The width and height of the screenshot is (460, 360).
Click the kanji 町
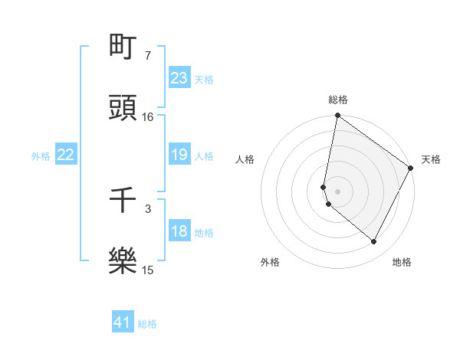pyautogui.click(x=123, y=47)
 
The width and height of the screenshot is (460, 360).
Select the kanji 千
pyautogui.click(x=123, y=200)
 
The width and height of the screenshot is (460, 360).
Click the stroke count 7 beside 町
pyautogui.click(x=147, y=56)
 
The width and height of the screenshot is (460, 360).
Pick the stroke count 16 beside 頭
pyautogui.click(x=148, y=117)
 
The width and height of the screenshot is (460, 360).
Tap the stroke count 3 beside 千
pyautogui.click(x=147, y=208)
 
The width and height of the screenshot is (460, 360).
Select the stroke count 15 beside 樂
pyautogui.click(x=148, y=270)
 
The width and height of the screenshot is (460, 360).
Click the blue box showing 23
pyautogui.click(x=179, y=77)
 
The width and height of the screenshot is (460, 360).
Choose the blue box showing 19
pyautogui.click(x=179, y=155)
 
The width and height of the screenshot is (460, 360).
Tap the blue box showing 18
pyautogui.click(x=179, y=231)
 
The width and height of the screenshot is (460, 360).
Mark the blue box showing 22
pyautogui.click(x=66, y=155)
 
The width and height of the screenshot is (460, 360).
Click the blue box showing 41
pyautogui.click(x=123, y=322)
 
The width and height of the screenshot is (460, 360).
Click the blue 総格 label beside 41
pyautogui.click(x=147, y=324)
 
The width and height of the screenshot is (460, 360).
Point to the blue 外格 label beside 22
pyautogui.click(x=41, y=156)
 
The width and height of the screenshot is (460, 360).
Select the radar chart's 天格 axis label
pyautogui.click(x=431, y=159)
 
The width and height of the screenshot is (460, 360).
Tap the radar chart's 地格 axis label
pyautogui.click(x=402, y=262)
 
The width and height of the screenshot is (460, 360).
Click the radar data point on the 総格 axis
pyautogui.click(x=337, y=116)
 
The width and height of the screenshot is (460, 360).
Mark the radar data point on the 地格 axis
pyautogui.click(x=374, y=242)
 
